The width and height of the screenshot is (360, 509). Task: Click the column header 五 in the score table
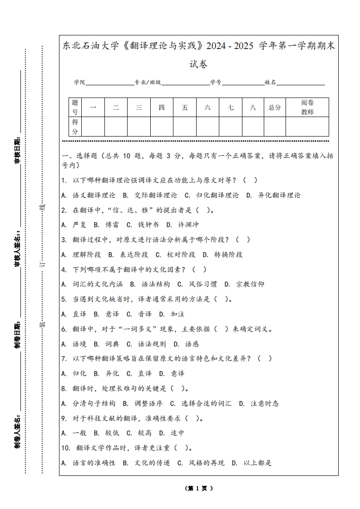tap(185, 108)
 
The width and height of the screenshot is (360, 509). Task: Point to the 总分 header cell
tap(275, 108)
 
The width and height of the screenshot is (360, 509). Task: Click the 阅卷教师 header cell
tap(307, 108)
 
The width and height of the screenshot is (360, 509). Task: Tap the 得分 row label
tap(75, 127)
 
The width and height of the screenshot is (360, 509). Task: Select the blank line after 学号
tap(243, 83)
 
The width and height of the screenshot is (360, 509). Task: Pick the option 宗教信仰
tap(250, 284)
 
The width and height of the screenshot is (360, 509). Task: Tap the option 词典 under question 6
tap(112, 344)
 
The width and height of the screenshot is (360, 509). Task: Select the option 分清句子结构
tap(94, 403)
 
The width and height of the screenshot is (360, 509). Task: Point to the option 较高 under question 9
tap(144, 433)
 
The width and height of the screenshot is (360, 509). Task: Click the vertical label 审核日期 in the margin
tap(17, 150)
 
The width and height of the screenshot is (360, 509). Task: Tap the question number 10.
tap(65, 448)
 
